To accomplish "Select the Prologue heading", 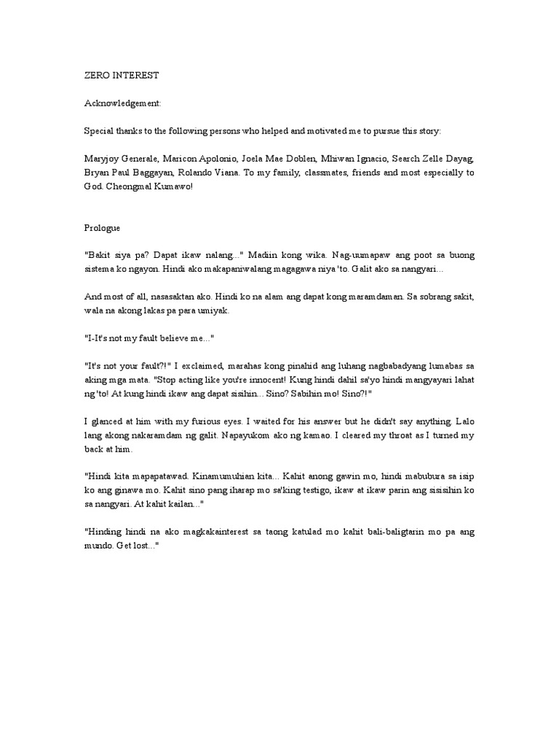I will coord(105,227).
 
